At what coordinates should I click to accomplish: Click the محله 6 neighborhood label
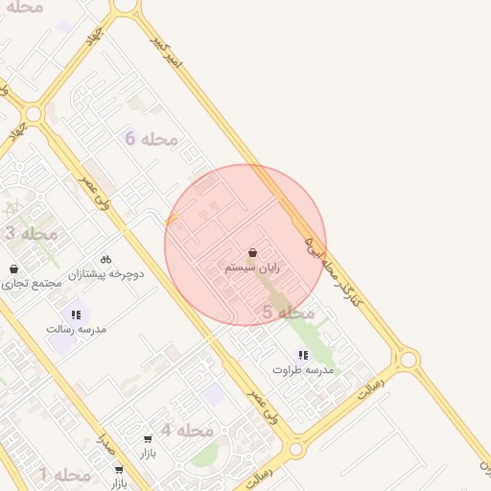(x=152, y=139)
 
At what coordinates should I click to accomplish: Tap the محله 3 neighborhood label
(x=31, y=233)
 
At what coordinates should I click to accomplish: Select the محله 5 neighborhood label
(x=288, y=313)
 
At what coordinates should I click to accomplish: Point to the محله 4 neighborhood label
(x=186, y=431)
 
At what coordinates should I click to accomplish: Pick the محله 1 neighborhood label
(x=64, y=475)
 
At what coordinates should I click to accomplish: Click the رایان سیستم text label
(x=252, y=269)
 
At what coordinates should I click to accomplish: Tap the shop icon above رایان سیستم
(x=252, y=253)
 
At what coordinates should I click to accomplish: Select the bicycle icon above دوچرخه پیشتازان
(x=105, y=259)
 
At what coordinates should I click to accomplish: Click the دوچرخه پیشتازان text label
(x=105, y=274)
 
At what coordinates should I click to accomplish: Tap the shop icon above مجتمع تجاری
(x=13, y=269)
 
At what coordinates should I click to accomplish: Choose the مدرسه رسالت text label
(x=76, y=328)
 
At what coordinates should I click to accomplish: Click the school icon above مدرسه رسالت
(x=76, y=314)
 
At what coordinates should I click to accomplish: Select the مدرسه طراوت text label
(x=303, y=369)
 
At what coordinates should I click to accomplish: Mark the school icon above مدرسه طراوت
(x=303, y=355)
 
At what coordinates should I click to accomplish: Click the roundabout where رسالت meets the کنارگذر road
(x=409, y=360)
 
